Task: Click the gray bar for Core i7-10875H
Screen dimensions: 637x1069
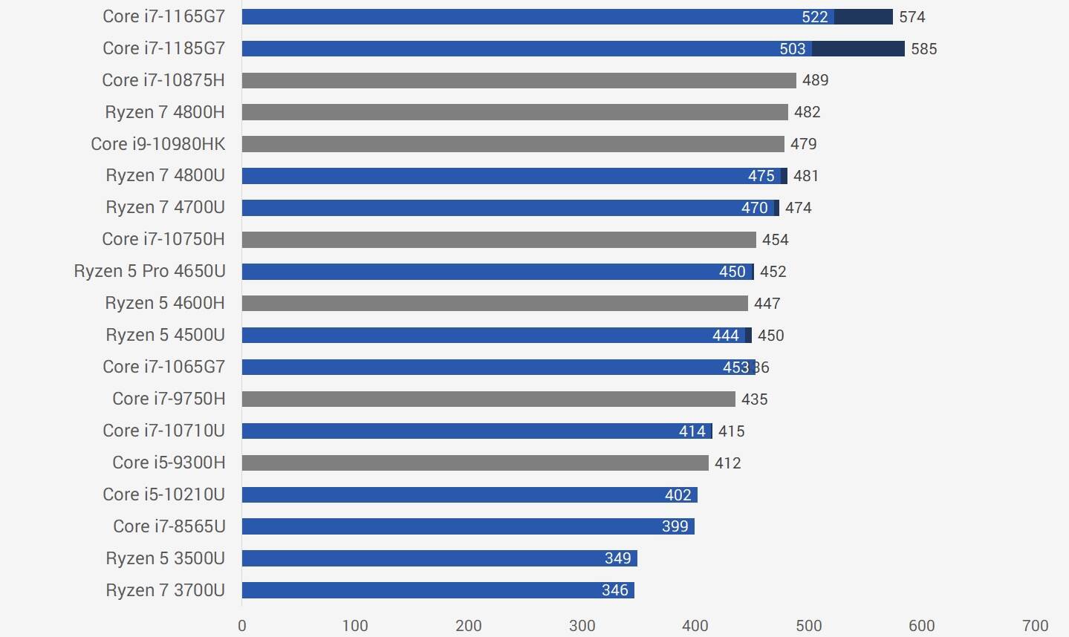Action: click(519, 80)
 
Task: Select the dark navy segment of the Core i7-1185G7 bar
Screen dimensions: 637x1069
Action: click(857, 49)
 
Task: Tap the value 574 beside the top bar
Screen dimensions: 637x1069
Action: click(912, 17)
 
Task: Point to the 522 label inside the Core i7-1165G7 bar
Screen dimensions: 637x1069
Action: click(814, 17)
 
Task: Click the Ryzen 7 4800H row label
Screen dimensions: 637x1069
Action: click(164, 112)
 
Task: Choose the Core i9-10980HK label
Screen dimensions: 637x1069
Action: click(157, 144)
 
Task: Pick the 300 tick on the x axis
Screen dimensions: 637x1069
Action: click(582, 625)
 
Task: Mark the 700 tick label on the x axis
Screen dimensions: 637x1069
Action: click(1035, 625)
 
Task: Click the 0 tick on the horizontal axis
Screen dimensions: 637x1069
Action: click(242, 625)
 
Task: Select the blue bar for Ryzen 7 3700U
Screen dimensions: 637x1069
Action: click(438, 590)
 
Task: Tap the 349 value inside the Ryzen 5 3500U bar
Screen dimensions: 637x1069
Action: click(617, 558)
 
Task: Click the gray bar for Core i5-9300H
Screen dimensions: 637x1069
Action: click(475, 463)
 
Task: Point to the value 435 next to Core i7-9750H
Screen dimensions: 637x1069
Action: click(754, 399)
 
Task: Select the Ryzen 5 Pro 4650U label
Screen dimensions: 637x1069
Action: click(149, 272)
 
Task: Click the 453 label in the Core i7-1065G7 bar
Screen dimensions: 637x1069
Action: click(735, 367)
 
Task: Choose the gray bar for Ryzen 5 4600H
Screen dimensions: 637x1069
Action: click(495, 303)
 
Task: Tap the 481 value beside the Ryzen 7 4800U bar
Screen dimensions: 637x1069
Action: click(805, 176)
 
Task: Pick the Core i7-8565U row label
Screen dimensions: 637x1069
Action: click(169, 526)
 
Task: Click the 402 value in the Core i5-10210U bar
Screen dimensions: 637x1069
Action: click(678, 495)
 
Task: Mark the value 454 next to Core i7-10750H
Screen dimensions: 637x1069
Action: click(775, 240)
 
